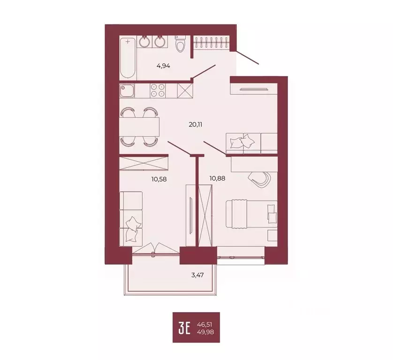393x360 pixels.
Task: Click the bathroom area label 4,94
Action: tap(163, 66)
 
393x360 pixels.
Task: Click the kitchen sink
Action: tap(127, 90)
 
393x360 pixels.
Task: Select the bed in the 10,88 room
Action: tap(251, 214)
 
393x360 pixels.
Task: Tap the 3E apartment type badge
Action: tap(184, 327)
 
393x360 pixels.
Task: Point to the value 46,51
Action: tap(209, 323)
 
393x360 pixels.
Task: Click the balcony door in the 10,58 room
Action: tap(154, 249)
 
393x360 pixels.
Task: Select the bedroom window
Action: tap(242, 257)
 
